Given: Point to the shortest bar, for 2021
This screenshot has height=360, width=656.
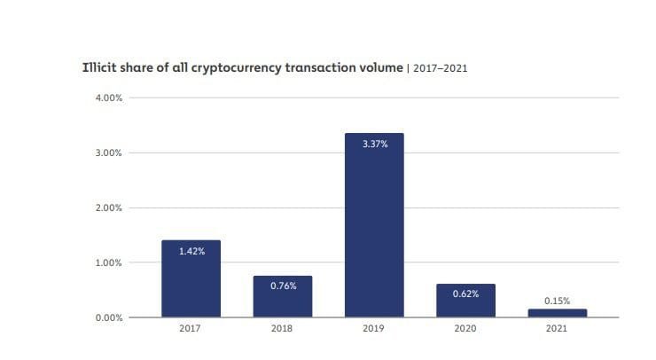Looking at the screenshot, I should coord(557,312).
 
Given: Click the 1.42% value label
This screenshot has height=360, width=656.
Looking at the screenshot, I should coord(191,251).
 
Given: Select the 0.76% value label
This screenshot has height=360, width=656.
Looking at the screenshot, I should coord(282,286).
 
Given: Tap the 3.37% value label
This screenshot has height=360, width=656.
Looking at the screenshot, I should coord(373,144).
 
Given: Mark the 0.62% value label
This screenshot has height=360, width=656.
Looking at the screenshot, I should coord(465,293).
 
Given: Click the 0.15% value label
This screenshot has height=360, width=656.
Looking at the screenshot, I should coord(557,300).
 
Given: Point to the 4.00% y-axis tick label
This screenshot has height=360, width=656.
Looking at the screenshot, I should coord(108,98).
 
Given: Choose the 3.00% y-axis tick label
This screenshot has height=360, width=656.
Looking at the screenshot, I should coord(108,153).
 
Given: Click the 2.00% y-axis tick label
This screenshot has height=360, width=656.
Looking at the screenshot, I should coord(108,207).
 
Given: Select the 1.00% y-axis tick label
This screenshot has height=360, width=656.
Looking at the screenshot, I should coord(108,262).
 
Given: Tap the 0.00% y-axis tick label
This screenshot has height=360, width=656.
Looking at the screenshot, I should coord(108,317).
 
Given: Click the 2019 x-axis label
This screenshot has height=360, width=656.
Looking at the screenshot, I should coord(373,330).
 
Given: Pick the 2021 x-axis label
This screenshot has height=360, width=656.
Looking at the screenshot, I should coord(557,330).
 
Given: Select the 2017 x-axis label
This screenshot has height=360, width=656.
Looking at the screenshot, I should coord(191,330).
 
